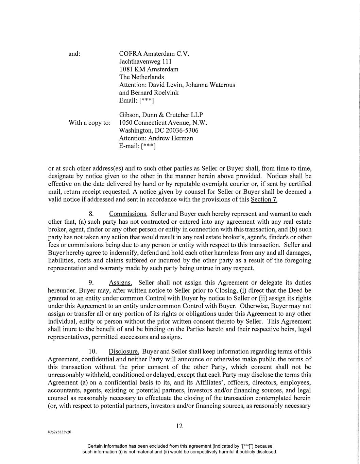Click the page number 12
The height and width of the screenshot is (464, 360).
[x=179, y=426]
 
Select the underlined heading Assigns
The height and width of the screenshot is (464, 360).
[x=120, y=283]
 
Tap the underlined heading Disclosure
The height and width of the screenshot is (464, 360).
[x=124, y=351]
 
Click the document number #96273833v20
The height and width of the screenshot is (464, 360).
[x=59, y=432]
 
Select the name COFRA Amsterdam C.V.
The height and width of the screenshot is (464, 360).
[x=154, y=54]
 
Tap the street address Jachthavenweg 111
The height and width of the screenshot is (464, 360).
[x=145, y=62]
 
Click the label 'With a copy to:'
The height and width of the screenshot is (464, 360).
[x=89, y=123]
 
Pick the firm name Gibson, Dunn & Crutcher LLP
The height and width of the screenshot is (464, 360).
[x=161, y=115]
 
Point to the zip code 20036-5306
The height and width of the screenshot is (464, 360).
[x=182, y=131]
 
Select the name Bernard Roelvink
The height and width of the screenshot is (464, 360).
[x=155, y=92]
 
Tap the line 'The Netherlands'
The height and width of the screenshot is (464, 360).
[x=141, y=77]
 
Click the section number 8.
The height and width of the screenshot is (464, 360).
[x=91, y=214]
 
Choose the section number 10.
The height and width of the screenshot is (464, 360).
[x=93, y=351]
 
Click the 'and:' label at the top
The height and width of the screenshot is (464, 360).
[x=74, y=54]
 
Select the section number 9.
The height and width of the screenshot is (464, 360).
[x=91, y=283]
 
